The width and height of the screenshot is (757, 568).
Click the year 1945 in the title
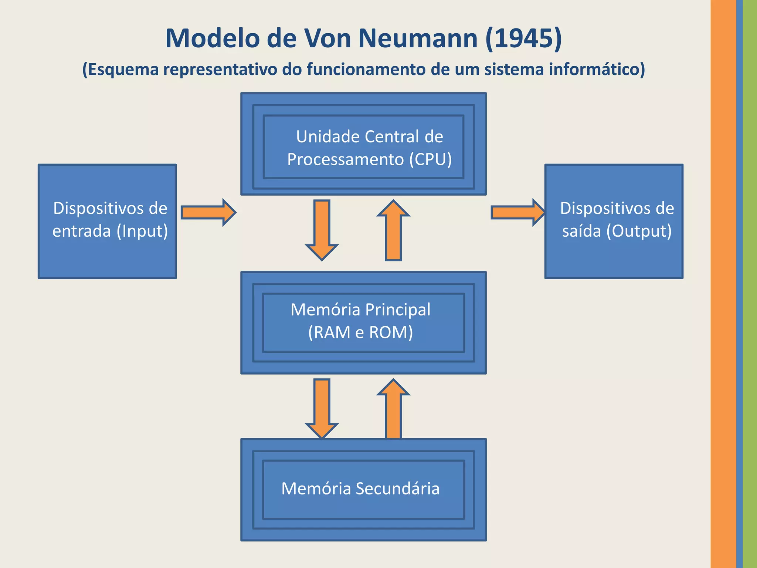tap(524, 38)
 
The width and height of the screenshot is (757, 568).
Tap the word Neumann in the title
tap(418, 38)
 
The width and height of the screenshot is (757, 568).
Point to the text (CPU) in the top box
tap(430, 160)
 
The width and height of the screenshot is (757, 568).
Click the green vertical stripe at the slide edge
tap(750, 284)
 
